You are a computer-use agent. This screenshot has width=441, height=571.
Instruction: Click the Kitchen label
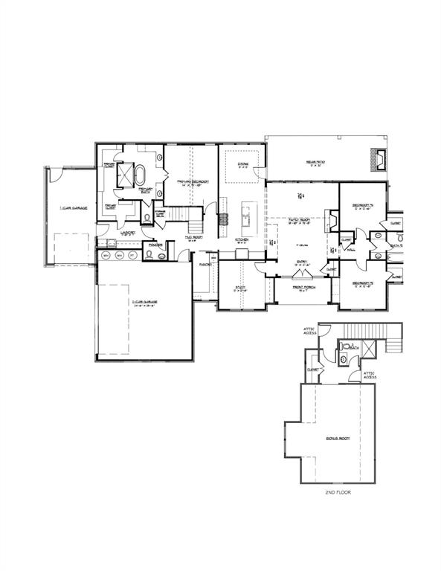point(242,239)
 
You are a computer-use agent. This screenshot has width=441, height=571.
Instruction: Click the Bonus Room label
point(337,439)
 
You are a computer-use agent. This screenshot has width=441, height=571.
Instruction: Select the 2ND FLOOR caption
point(337,492)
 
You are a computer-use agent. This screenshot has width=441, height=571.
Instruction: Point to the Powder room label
point(156,245)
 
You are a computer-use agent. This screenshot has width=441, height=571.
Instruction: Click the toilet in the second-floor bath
point(344,357)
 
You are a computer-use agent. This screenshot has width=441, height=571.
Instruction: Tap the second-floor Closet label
point(313,370)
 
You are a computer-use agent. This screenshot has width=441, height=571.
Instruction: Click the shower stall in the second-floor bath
point(346,346)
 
